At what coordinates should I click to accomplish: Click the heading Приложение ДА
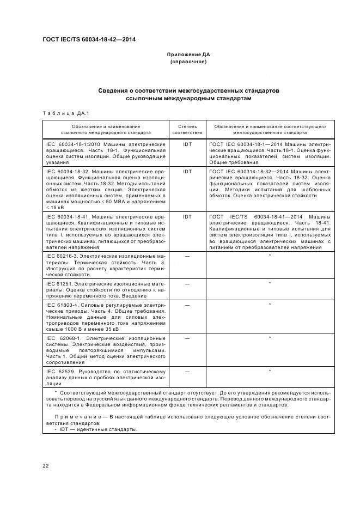188,54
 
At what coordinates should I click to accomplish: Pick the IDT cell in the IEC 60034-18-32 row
187,171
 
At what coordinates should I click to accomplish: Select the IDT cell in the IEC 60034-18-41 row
187,217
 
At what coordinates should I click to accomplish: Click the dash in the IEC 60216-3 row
187,255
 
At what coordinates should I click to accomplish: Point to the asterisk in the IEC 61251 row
270,283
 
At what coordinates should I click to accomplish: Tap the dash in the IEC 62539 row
187,372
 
